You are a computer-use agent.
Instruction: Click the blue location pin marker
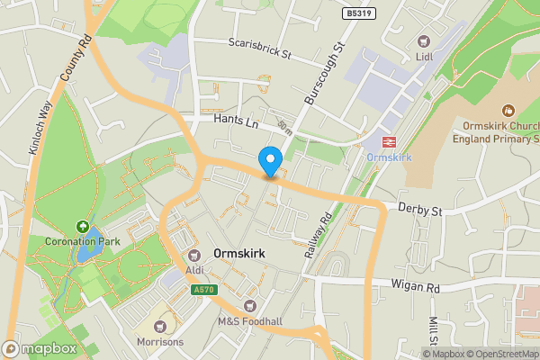(x=269, y=162)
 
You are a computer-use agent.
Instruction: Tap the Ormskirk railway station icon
(x=390, y=141)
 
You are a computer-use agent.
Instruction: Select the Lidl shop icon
(x=424, y=40)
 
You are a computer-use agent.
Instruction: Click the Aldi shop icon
(x=193, y=255)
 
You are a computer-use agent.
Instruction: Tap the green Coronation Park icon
(x=84, y=227)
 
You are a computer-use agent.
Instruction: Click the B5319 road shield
(x=358, y=14)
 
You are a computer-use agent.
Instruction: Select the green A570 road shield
(x=202, y=289)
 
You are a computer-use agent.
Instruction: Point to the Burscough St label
(x=325, y=72)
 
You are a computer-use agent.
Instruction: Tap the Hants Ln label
(x=237, y=119)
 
